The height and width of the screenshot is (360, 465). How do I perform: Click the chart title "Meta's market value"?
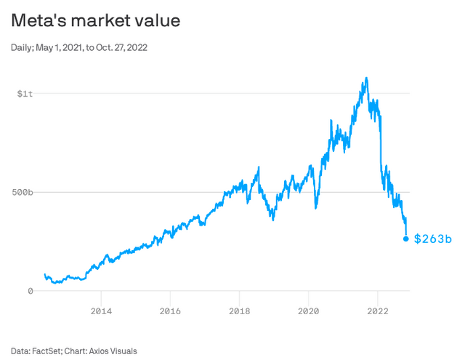[x=95, y=21]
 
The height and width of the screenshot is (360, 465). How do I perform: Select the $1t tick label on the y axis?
[x=25, y=94]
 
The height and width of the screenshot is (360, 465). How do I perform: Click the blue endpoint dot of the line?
[x=405, y=239]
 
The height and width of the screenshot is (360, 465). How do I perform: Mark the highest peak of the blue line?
[x=366, y=78]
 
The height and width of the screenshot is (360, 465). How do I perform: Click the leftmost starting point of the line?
[x=44, y=275]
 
